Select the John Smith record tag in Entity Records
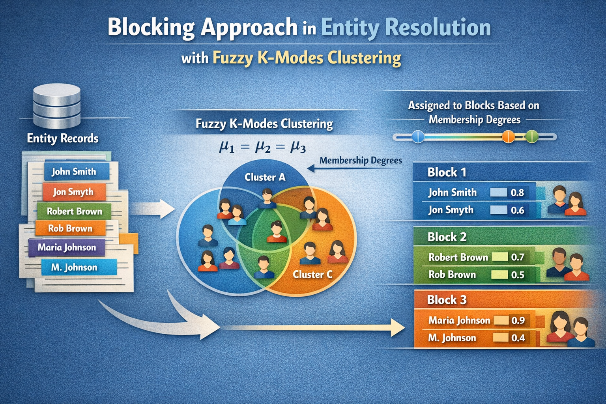pos(74,172)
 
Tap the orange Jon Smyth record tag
pos(73,192)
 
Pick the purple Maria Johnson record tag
pos(67,247)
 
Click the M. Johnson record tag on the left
pos(74,267)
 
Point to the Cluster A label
pos(265,177)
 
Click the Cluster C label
pos(312,274)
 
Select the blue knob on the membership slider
pos(418,137)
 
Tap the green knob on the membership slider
pos(532,137)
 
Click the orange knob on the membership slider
pos(508,137)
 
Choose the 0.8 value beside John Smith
pos(517,193)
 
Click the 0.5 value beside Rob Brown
pos(518,275)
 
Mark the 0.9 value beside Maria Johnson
pos(518,320)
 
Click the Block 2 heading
pos(447,237)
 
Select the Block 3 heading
pos(447,300)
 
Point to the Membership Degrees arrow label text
pos(361,161)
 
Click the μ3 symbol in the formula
pos(298,147)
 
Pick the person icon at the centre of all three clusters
pos(277,232)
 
